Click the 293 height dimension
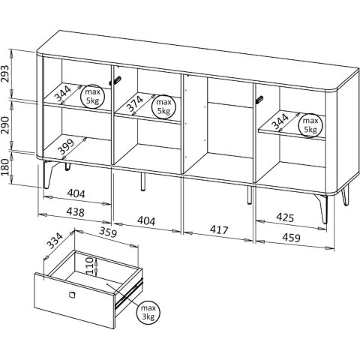point(5,73)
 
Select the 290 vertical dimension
point(5,125)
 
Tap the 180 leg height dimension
point(5,167)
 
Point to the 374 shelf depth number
point(135,103)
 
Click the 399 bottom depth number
point(66,146)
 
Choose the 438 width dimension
point(75,212)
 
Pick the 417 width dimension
point(219,229)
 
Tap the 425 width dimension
point(285,217)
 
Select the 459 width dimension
point(291,237)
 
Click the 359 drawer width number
point(108,232)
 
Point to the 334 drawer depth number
point(55,241)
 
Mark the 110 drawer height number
point(90,266)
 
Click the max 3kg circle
point(148,312)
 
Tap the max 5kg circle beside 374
point(163,106)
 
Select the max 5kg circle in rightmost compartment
point(310,125)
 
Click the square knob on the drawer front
point(72,295)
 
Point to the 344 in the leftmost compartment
point(63,94)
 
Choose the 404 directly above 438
point(76,193)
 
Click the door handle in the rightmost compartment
point(259,99)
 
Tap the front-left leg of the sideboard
point(49,175)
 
